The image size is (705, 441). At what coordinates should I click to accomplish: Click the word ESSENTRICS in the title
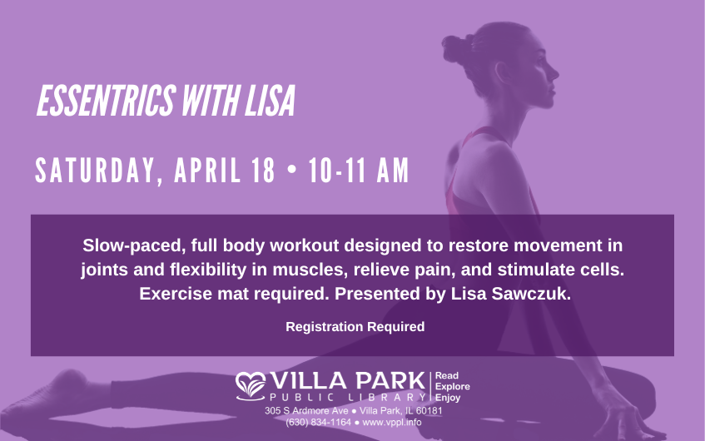[x=106, y=101]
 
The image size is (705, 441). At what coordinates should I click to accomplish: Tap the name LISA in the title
[x=270, y=101]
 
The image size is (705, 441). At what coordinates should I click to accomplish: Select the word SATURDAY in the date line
[x=95, y=171]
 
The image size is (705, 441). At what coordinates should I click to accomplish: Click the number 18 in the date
[x=264, y=171]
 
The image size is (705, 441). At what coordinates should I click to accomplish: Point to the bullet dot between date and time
[x=292, y=171]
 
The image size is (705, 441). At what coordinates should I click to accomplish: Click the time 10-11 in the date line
[x=338, y=171]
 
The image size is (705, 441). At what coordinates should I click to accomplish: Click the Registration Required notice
[x=355, y=327]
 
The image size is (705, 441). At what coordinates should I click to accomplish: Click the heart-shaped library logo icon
[x=251, y=386]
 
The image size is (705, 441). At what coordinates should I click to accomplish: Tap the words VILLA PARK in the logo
[x=348, y=381]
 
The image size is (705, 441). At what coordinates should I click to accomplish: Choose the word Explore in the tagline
[x=452, y=387]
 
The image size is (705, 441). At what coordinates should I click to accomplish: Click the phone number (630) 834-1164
[x=318, y=422]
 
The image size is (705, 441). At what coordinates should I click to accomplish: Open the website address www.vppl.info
[x=391, y=422]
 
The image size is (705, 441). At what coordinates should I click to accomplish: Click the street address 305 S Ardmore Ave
[x=306, y=411]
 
